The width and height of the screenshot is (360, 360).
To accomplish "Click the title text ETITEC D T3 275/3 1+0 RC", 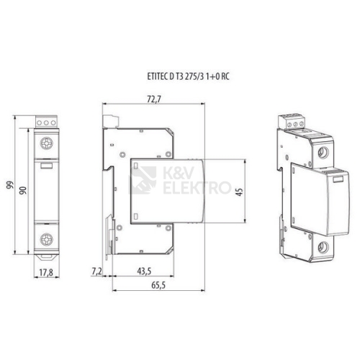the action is click(188, 76).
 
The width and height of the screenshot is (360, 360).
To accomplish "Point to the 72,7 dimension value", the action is click(154, 99).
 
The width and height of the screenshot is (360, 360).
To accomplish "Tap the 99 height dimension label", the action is click(10, 185).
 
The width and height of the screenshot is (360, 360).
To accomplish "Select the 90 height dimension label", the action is click(23, 190).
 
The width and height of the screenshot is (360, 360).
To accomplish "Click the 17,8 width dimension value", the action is click(46, 272).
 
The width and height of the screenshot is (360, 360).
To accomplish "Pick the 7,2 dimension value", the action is click(97, 271).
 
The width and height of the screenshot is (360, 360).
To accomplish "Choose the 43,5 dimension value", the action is click(144, 271).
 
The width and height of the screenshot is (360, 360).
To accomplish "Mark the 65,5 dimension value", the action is click(158, 285).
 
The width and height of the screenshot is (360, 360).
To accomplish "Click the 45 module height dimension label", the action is click(240, 192).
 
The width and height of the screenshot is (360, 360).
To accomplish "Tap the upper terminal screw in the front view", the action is click(46, 143).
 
